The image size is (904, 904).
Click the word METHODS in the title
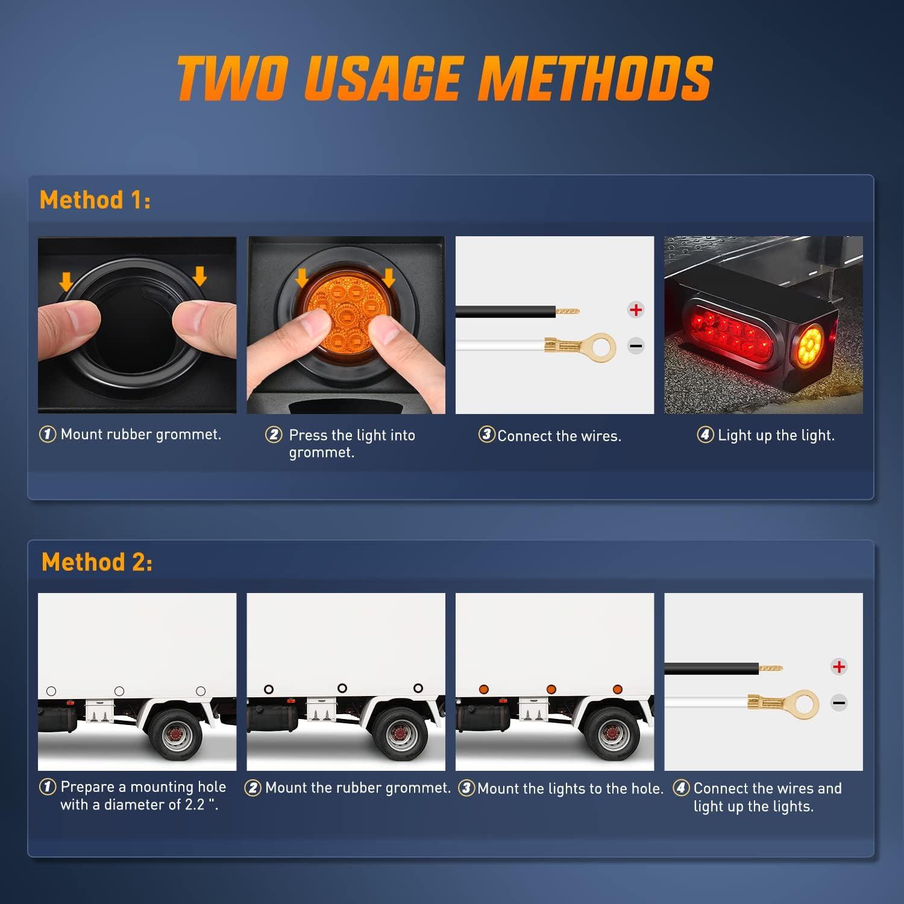tap(595, 78)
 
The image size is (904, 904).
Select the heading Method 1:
tap(95, 200)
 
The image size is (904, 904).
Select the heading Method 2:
tap(97, 562)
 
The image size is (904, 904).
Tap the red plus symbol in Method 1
tap(636, 310)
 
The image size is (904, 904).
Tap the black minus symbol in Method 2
tap(838, 703)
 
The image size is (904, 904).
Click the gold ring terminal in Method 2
tap(800, 703)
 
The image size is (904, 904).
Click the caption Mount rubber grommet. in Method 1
tap(141, 435)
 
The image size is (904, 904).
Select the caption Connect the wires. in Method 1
tap(559, 436)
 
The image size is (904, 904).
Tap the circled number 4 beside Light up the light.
tap(705, 435)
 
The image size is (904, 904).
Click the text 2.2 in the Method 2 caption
tap(195, 805)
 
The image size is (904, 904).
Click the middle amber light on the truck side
tap(551, 689)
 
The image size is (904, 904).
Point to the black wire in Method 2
tap(711, 668)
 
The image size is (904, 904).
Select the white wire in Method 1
tap(500, 346)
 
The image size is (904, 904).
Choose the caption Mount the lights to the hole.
tap(570, 789)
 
